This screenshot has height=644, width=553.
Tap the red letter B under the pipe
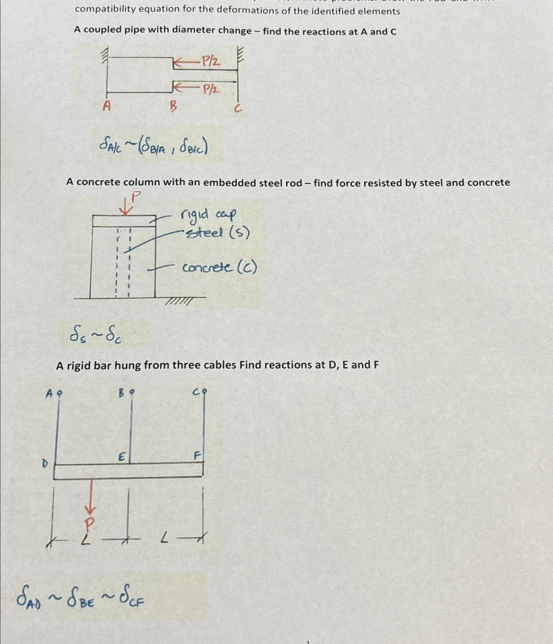click(x=173, y=106)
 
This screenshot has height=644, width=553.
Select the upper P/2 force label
click(x=210, y=61)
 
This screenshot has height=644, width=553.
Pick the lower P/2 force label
click(x=210, y=89)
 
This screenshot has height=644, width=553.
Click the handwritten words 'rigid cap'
click(x=208, y=215)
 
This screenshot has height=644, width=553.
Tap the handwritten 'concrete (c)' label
click(x=219, y=267)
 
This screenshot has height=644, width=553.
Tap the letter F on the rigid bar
click(x=197, y=456)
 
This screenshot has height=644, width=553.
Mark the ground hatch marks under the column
click(x=179, y=301)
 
